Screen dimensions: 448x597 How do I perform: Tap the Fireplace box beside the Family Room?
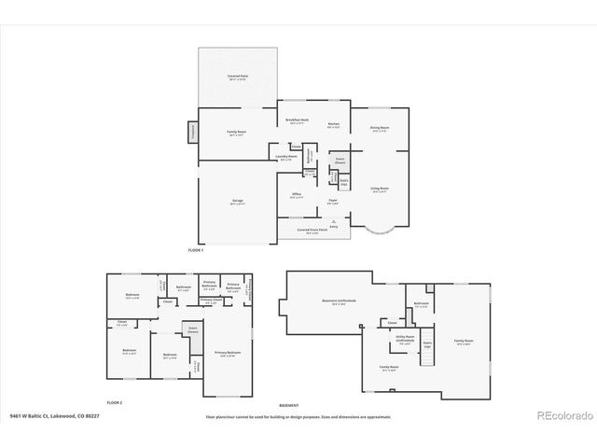(x=194, y=131)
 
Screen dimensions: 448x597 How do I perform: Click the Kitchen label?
(x=333, y=125)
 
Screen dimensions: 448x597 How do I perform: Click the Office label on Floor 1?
(x=297, y=194)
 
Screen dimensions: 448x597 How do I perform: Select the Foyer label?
(x=332, y=199)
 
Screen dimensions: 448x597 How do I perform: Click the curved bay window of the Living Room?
(x=380, y=231)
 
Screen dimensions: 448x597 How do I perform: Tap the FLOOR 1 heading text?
(x=195, y=251)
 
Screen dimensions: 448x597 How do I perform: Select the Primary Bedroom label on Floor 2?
(x=228, y=353)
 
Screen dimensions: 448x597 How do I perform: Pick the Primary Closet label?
(x=211, y=300)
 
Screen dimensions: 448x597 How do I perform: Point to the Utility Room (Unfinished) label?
(x=405, y=341)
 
